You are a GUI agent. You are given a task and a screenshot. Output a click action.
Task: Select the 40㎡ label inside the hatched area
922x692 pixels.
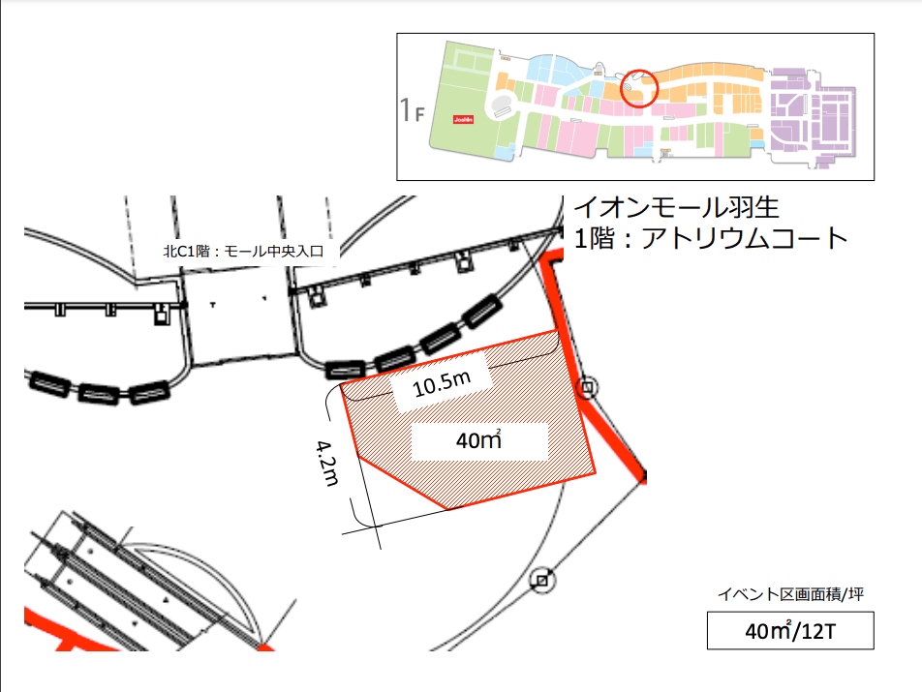[479, 441]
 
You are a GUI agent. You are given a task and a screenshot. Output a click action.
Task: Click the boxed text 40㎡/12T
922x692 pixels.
[790, 631]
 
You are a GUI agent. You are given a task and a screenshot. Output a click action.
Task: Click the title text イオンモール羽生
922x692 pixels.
[676, 207]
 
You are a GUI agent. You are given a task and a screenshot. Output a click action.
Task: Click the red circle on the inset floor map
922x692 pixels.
[639, 88]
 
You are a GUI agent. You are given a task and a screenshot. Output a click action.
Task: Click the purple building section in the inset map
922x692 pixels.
[812, 116]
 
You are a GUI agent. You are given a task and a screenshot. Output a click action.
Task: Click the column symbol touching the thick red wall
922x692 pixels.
[587, 389]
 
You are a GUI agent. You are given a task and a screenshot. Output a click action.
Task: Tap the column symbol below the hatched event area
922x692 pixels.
[542, 580]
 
